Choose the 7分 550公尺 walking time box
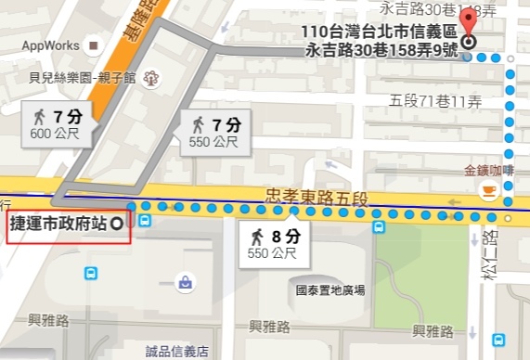[x=213, y=131]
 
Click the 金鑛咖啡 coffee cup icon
[x=487, y=190]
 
